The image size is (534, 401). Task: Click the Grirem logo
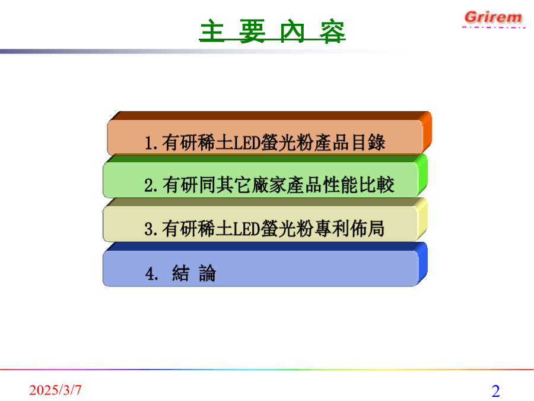point(493,17)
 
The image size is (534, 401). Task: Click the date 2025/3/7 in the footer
point(55,390)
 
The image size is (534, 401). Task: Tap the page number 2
point(495,391)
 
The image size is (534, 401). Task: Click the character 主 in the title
point(212,31)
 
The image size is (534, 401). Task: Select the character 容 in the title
point(332,31)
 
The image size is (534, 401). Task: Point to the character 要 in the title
point(252,31)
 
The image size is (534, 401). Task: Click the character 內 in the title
point(292,31)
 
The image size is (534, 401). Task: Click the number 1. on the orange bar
point(151,143)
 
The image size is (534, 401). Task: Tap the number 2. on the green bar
point(151,186)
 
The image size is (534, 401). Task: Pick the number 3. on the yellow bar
point(151,229)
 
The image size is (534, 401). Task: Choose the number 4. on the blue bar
point(152,273)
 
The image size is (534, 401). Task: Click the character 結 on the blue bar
point(180,273)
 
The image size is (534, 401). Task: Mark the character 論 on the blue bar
point(208,273)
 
